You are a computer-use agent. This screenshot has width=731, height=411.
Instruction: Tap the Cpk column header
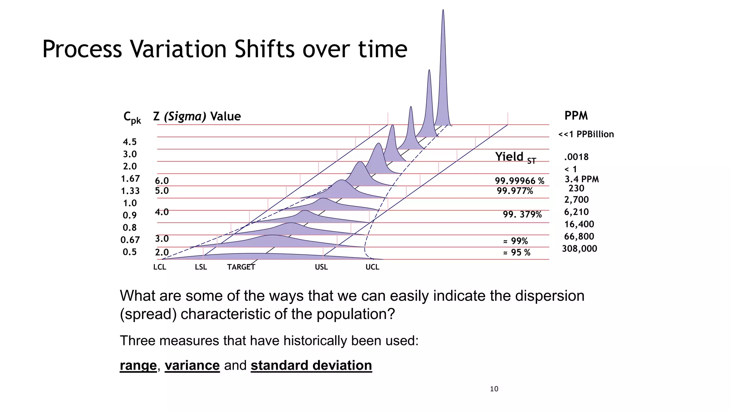[132, 117]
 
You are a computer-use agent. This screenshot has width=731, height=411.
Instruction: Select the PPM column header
[576, 116]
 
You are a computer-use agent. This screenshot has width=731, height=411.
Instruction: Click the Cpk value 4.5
[130, 142]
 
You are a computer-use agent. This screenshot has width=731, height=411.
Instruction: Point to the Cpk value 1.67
[130, 179]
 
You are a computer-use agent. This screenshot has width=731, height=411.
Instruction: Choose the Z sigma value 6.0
[162, 181]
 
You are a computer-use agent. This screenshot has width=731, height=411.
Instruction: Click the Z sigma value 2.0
[162, 253]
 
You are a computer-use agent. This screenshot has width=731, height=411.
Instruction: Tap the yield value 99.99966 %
[519, 181]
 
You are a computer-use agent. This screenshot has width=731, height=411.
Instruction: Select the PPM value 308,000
[579, 249]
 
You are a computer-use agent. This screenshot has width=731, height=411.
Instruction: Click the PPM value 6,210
[576, 212]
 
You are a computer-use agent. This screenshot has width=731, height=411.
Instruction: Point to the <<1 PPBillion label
[586, 135]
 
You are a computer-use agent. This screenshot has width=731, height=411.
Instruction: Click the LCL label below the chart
[160, 267]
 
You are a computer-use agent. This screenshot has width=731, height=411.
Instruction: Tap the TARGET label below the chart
[241, 267]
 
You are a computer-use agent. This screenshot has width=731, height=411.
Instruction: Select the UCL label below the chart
[372, 267]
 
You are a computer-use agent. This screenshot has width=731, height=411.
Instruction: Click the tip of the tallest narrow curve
[443, 11]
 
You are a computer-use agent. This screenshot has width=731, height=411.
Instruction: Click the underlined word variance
[192, 365]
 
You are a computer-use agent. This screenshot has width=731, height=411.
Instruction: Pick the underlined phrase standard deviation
[311, 365]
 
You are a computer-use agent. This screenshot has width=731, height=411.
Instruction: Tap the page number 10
[494, 389]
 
